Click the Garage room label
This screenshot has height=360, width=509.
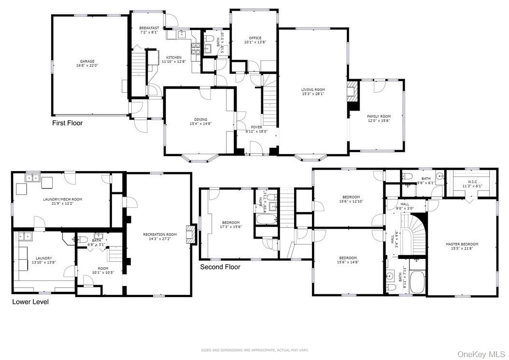coord(87,61)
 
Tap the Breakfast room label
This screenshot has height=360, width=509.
coord(149,28)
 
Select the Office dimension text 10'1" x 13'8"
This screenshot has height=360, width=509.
coord(255,43)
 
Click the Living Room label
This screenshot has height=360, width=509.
coord(313,89)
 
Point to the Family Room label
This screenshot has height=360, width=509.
coord(379,116)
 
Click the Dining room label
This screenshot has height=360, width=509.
coord(201,119)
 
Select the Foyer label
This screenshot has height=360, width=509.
coord(256,127)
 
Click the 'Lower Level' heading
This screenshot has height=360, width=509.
coord(30,302)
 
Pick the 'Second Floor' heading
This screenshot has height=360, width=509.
coord(220,267)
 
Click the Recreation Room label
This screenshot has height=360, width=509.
coord(160,234)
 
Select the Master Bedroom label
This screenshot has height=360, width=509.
coord(462,244)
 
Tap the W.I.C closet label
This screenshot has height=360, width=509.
coord(472,182)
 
